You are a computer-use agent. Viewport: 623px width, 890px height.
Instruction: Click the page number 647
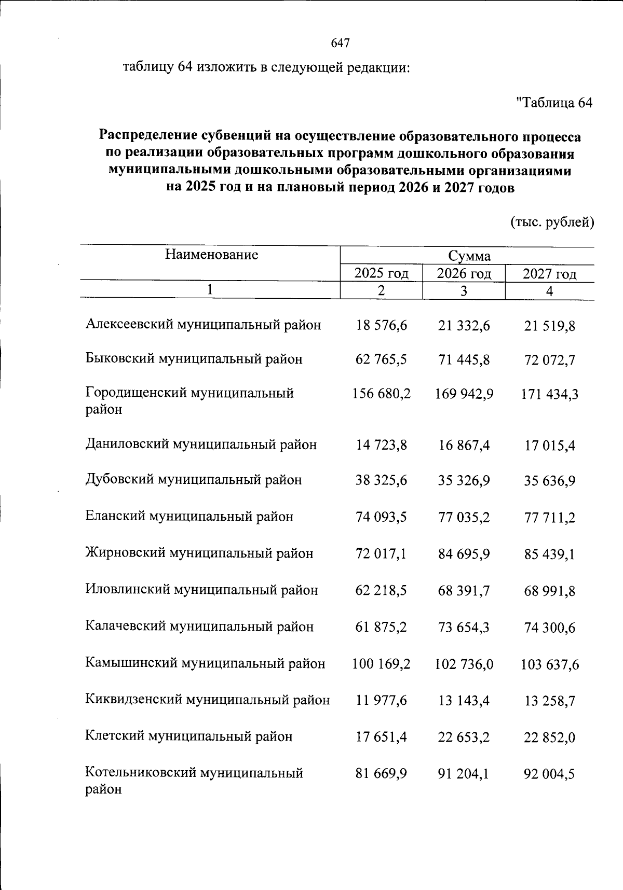click(x=341, y=44)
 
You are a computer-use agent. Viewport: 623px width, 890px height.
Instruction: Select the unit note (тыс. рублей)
click(x=552, y=222)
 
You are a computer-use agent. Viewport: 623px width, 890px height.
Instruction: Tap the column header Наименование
click(x=211, y=255)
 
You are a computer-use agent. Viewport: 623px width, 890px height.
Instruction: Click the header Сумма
click(x=469, y=256)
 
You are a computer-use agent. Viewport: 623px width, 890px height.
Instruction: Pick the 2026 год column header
click(x=464, y=273)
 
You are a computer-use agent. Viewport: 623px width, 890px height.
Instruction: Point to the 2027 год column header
click(x=549, y=274)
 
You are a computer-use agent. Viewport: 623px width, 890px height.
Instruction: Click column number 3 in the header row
click(x=464, y=291)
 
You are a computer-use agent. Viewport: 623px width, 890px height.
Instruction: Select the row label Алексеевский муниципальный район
click(x=204, y=325)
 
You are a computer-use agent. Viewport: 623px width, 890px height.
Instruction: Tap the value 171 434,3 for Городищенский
click(x=549, y=395)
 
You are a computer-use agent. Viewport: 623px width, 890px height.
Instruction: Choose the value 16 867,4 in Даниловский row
click(x=464, y=446)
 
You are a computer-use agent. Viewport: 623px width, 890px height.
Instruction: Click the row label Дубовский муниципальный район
click(x=194, y=480)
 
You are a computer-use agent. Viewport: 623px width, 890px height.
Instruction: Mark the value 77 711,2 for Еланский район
click(x=549, y=518)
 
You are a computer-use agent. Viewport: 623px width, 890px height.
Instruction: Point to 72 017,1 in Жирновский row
click(x=381, y=554)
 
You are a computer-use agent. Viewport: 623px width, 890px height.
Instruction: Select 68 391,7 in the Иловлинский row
click(x=464, y=591)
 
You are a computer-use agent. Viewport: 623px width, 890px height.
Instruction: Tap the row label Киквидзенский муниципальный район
click(x=208, y=700)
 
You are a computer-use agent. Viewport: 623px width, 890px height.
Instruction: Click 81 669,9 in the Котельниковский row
click(x=381, y=774)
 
